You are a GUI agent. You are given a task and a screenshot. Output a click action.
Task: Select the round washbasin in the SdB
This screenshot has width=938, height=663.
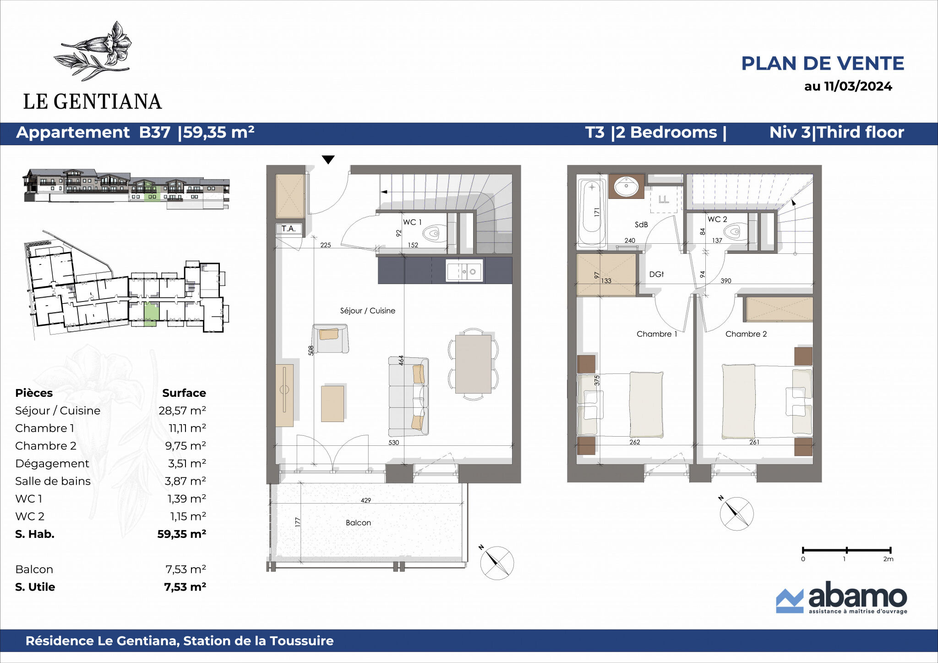pyautogui.click(x=626, y=186)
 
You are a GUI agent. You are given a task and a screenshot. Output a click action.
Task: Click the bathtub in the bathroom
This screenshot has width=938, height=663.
pyautogui.click(x=592, y=212)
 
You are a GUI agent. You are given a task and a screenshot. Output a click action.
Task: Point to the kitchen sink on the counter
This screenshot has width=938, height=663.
pyautogui.click(x=464, y=271)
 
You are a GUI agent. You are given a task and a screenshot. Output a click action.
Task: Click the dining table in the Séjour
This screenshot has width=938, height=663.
pyautogui.click(x=473, y=364)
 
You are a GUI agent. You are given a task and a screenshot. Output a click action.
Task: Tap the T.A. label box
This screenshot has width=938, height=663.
pyautogui.click(x=289, y=229)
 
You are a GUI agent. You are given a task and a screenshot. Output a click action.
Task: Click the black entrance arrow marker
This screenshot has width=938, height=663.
pyautogui.click(x=328, y=159)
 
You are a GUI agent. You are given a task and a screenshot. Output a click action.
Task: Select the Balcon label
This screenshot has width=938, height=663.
pyautogui.click(x=358, y=523)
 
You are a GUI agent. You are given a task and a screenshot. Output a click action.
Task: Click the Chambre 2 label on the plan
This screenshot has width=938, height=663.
pyautogui.click(x=746, y=334)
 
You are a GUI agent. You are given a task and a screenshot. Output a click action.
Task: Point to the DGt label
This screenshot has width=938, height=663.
pyautogui.click(x=656, y=274)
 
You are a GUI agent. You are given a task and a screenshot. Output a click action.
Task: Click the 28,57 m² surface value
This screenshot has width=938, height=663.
pyautogui.click(x=182, y=411)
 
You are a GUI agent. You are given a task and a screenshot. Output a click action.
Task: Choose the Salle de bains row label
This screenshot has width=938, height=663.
pyautogui.click(x=53, y=481)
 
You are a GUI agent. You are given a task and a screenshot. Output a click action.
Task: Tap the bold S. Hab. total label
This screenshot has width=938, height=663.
pyautogui.click(x=35, y=534)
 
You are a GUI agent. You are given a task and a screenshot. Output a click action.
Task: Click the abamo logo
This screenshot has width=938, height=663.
pyautogui.click(x=841, y=597)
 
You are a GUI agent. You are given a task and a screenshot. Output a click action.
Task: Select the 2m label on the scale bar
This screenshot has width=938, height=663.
pyautogui.click(x=888, y=559)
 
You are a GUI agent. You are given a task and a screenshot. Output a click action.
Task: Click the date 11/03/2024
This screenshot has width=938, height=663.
pyautogui.click(x=858, y=86)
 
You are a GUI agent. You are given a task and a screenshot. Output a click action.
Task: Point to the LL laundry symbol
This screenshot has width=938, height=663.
pyautogui.click(x=664, y=199)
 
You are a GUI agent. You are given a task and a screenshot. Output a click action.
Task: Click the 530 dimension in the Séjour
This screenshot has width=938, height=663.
pyautogui.click(x=393, y=443)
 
